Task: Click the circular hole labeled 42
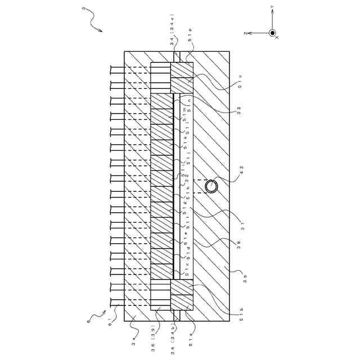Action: pyautogui.click(x=211, y=186)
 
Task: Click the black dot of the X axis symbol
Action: pyautogui.click(x=272, y=33)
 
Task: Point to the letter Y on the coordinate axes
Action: pyautogui.click(x=272, y=8)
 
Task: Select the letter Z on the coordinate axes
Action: pyautogui.click(x=246, y=33)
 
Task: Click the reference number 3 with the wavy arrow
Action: pyautogui.click(x=83, y=9)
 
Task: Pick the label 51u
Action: pyautogui.click(x=240, y=82)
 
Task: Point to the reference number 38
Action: pyautogui.click(x=238, y=245)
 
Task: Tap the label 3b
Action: pyautogui.click(x=245, y=278)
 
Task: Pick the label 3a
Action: pyautogui.click(x=133, y=339)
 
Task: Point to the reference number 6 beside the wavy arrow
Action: pyautogui.click(x=88, y=321)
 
